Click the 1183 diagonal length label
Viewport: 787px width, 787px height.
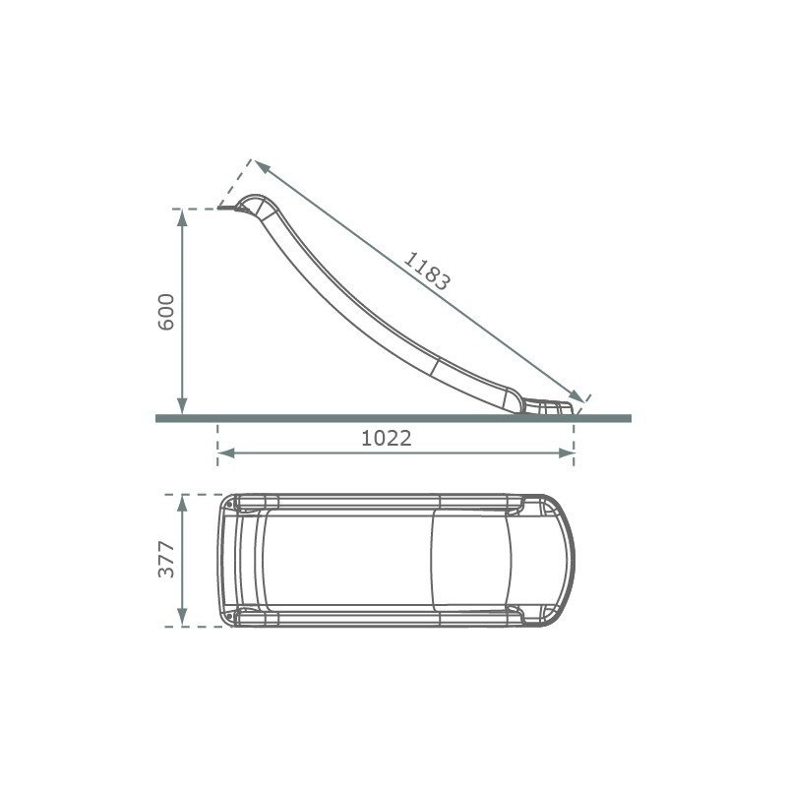(427, 272)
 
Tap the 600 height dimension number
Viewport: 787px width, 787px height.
(166, 312)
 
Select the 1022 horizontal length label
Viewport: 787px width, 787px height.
(387, 439)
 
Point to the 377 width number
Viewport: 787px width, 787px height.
(166, 559)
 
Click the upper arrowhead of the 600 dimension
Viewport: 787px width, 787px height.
(182, 216)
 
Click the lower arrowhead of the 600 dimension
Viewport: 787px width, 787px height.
(182, 406)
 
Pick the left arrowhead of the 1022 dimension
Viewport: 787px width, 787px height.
(226, 454)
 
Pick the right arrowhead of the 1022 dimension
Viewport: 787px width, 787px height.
(567, 454)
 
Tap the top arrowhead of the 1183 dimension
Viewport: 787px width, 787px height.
(262, 166)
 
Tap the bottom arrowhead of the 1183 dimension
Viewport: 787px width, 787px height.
(576, 396)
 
